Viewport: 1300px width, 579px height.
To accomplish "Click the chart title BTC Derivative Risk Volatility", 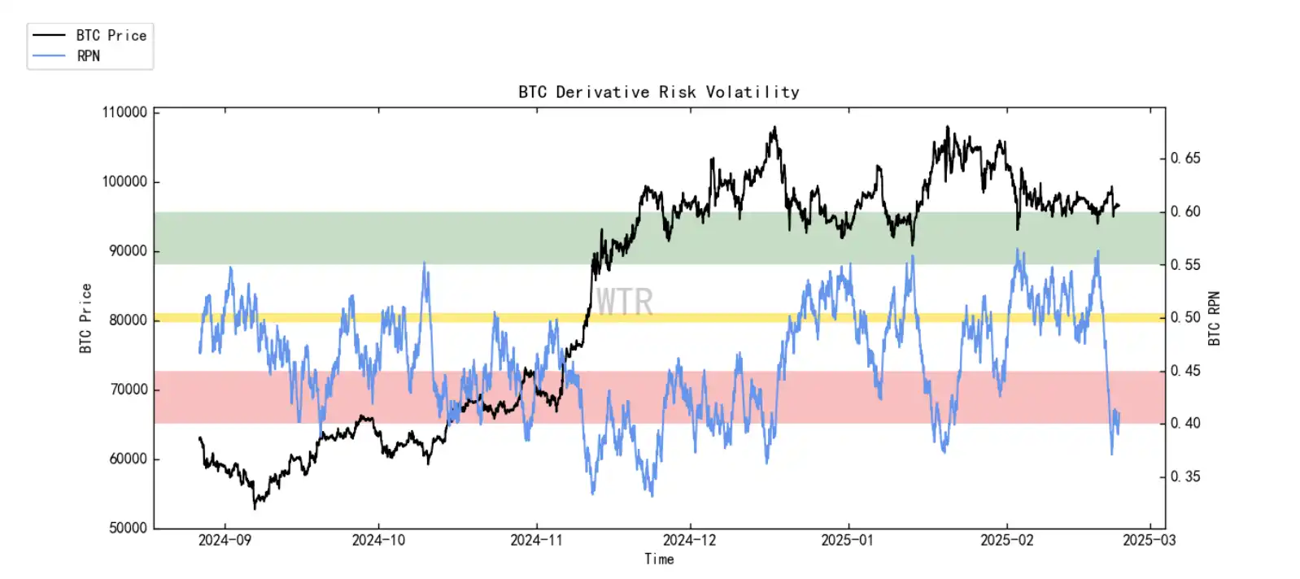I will click(x=658, y=92).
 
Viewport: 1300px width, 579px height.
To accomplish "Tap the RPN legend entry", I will click(x=89, y=56).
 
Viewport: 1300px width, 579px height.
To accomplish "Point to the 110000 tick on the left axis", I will click(x=124, y=112).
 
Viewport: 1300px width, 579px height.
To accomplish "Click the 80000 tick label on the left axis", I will click(x=128, y=320).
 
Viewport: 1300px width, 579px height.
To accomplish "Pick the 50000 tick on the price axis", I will click(x=128, y=528).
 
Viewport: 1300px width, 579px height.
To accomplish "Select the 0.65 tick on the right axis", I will click(x=1185, y=158).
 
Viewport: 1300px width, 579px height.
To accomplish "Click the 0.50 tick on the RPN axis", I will click(x=1185, y=317).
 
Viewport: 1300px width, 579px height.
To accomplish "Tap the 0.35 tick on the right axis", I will click(x=1185, y=477).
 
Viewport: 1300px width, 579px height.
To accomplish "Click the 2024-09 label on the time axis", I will click(x=225, y=540).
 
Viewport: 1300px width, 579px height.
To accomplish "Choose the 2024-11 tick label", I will click(x=536, y=540).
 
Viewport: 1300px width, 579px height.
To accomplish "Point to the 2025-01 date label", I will click(x=847, y=540).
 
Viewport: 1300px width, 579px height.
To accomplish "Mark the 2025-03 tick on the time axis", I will click(x=1149, y=540).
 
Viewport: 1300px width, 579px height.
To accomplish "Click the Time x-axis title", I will click(x=659, y=559).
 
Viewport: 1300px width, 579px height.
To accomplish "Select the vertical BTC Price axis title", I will click(x=85, y=318).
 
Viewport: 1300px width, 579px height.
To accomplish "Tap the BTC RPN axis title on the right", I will click(x=1214, y=318).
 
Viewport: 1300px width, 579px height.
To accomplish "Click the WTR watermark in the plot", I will click(x=624, y=303).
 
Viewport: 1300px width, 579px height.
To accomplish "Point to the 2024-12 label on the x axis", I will click(x=689, y=540).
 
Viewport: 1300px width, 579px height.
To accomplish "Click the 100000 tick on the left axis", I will click(x=124, y=181).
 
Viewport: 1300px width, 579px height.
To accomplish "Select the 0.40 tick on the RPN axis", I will click(x=1185, y=423).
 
